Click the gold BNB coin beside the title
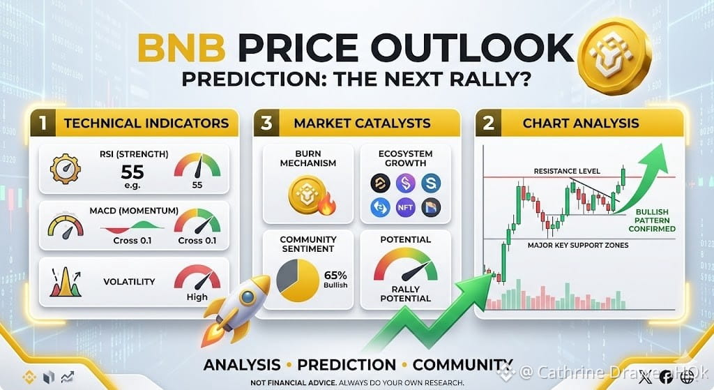click(x=614, y=57)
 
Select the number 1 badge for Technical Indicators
click(x=43, y=123)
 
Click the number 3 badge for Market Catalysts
click(x=266, y=123)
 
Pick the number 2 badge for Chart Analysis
click(x=488, y=123)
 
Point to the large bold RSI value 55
click(x=132, y=172)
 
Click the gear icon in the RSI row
click(x=65, y=169)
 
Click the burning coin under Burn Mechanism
click(x=312, y=195)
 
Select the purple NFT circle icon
click(x=405, y=207)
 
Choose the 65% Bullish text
click(x=335, y=279)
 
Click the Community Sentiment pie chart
click(x=298, y=280)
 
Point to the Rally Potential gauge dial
click(x=405, y=264)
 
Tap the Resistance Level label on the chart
click(x=567, y=172)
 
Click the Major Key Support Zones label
click(x=578, y=245)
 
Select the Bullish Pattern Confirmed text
click(x=652, y=220)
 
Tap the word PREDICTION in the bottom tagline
click(x=347, y=365)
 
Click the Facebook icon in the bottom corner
click(x=665, y=376)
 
